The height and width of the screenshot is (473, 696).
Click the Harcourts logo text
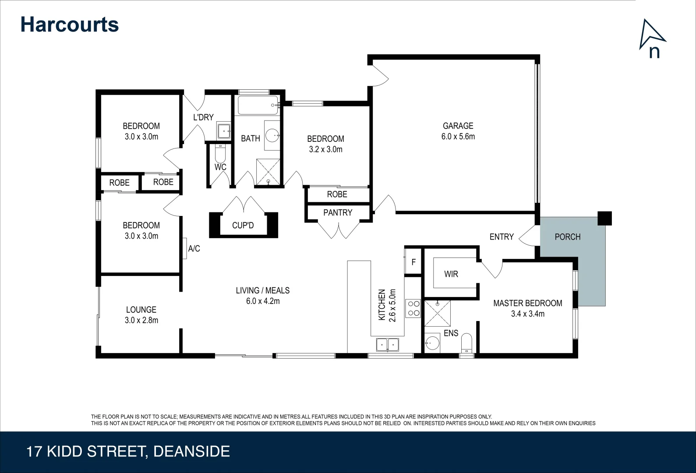69,25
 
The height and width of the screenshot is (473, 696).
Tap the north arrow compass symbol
652,39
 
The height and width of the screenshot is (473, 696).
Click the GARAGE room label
458,126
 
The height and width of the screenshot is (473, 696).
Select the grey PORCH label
567,237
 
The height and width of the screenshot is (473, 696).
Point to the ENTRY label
501,237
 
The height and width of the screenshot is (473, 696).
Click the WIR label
451,274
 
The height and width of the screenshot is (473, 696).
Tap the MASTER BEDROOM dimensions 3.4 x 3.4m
527,314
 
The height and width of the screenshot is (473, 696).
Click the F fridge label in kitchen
413,262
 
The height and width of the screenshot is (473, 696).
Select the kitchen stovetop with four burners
413,308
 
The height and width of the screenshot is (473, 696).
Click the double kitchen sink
388,345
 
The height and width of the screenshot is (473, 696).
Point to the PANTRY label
337,213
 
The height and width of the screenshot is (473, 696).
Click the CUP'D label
243,226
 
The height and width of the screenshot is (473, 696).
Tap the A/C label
194,249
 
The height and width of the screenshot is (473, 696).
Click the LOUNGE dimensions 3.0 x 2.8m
141,320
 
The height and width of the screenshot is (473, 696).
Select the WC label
220,167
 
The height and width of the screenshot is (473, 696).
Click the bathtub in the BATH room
258,105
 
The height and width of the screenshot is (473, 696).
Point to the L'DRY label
203,117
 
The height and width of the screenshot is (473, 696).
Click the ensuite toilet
467,343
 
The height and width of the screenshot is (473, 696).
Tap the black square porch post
604,218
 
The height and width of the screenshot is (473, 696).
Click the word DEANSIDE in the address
191,452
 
